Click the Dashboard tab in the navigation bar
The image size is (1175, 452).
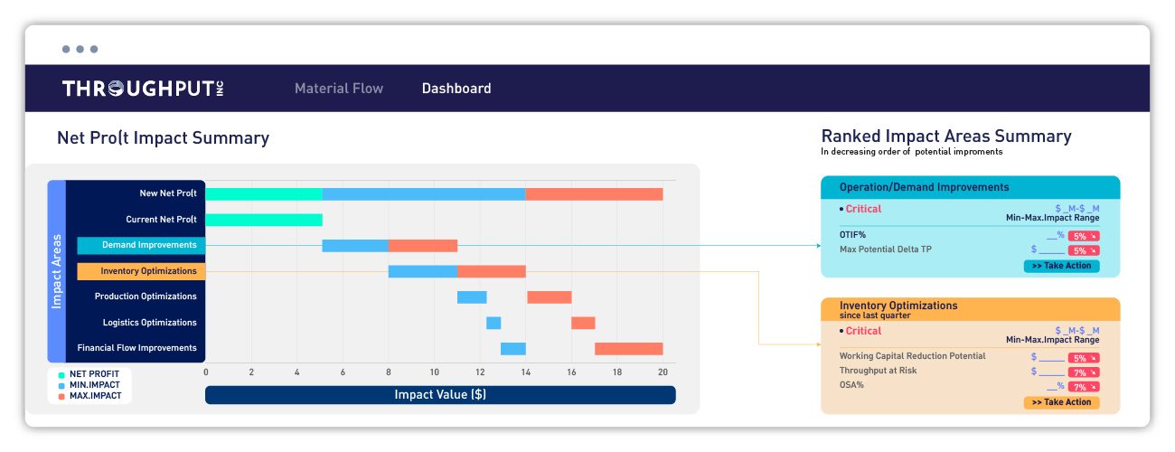(x=456, y=89)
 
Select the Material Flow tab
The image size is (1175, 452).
(x=339, y=89)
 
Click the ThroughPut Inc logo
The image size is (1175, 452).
(x=143, y=89)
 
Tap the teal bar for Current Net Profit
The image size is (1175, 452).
(x=264, y=220)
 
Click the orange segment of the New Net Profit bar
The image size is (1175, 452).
(x=594, y=194)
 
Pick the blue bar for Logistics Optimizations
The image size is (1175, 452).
(x=493, y=323)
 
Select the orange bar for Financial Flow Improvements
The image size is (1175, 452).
(x=628, y=349)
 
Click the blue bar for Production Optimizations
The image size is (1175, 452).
(x=472, y=297)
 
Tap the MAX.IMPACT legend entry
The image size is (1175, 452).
(x=95, y=396)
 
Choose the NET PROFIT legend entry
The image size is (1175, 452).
(x=94, y=374)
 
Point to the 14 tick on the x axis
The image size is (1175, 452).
(x=525, y=372)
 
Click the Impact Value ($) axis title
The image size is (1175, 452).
(x=440, y=395)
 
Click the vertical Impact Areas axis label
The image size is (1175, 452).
(x=56, y=271)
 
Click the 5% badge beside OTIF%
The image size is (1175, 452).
(x=1083, y=235)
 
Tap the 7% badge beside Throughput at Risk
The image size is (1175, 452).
(x=1083, y=372)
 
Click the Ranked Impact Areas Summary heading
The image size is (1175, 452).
(x=945, y=137)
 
